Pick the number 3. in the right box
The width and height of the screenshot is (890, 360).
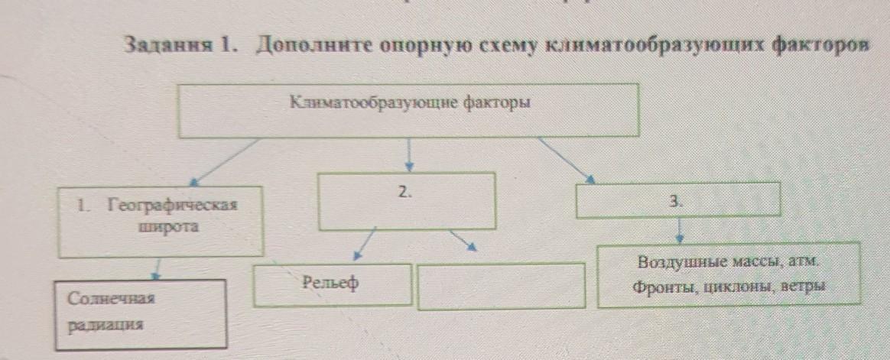675,202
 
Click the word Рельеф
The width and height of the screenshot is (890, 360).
330,284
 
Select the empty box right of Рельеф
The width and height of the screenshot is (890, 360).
501,286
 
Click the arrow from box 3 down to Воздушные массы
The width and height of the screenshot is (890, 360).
680,229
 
